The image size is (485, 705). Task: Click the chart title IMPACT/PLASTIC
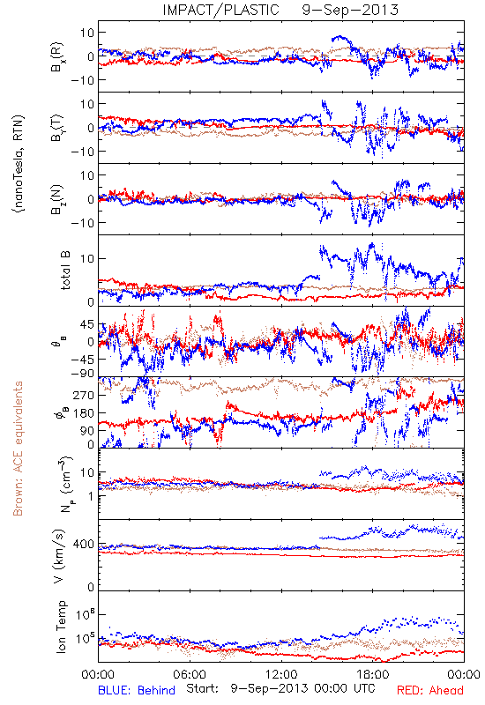220,10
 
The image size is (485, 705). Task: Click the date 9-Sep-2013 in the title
350,10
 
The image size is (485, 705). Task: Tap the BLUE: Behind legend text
137,690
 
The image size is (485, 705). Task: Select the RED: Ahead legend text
429,690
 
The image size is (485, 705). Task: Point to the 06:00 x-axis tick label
190,674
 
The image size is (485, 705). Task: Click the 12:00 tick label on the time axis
281,674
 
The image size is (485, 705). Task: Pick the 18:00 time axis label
373,674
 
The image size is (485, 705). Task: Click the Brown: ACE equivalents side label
18,449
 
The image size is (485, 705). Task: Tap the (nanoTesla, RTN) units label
19,164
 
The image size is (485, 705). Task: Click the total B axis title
65,271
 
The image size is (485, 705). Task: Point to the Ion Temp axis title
61,627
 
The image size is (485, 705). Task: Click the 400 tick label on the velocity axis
84,544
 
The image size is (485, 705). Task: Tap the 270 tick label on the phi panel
84,395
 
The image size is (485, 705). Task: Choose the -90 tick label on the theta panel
82,374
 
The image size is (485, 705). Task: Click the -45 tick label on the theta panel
82,360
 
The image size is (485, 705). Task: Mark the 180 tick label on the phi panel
84,412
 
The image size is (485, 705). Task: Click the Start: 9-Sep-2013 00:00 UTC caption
280,688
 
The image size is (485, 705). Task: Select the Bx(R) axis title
57,57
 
